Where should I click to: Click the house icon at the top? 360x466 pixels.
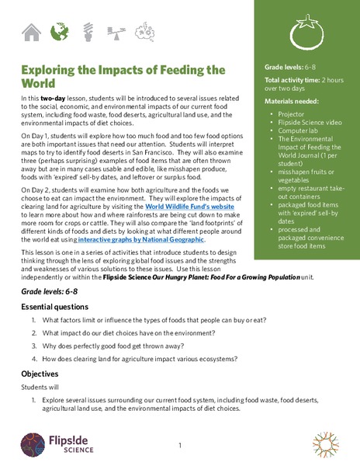pyautogui.click(x=31, y=32)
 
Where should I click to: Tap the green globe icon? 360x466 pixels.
pyautogui.click(x=59, y=32)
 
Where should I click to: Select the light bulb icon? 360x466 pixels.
pyautogui.click(x=88, y=32)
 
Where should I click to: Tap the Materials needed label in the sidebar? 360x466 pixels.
pyautogui.click(x=292, y=102)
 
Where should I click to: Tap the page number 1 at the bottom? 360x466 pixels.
pyautogui.click(x=179, y=445)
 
